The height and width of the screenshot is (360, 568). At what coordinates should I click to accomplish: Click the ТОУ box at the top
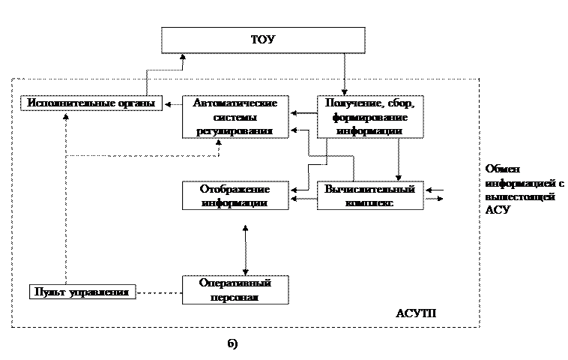(263, 40)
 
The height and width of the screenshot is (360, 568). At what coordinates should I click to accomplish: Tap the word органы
(137, 103)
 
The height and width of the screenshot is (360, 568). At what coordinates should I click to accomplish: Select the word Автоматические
(235, 103)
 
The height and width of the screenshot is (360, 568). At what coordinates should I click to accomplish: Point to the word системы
(235, 117)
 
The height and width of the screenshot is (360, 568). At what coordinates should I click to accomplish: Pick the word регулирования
(235, 130)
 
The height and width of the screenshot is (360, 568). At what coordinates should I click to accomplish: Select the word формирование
(369, 117)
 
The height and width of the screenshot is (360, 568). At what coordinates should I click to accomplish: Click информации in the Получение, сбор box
(369, 130)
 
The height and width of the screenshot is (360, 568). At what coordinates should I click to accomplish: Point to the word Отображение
(235, 189)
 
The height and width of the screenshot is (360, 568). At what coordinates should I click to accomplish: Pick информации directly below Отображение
(235, 202)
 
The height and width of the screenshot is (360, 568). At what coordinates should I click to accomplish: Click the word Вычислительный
(369, 189)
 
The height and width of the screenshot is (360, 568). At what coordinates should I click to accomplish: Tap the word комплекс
(369, 202)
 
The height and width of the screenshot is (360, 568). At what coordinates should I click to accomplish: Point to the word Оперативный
(235, 283)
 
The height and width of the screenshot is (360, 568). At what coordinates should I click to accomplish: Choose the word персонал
(235, 297)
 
